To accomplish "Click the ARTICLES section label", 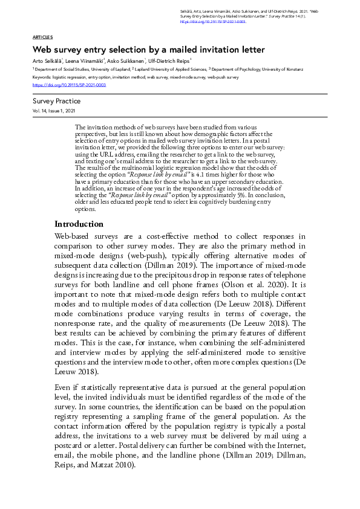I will pos(42,37).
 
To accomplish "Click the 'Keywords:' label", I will pos(42,77).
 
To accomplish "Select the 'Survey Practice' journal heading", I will pos(56,102).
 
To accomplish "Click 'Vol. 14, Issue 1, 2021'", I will pos(54,112).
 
